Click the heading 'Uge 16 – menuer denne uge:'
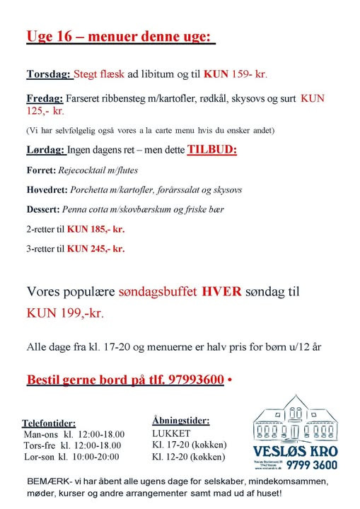click(120, 36)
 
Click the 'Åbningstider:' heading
click(180, 420)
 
